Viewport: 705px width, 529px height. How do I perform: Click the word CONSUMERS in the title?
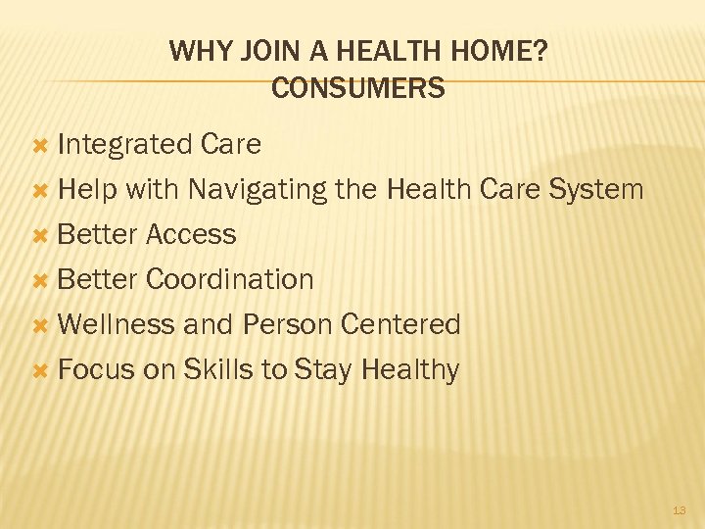[357, 89]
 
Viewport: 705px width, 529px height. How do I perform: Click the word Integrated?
[124, 145]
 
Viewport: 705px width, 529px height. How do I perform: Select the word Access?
[191, 234]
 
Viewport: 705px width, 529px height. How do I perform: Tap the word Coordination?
[229, 279]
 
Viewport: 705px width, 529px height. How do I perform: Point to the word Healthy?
[410, 370]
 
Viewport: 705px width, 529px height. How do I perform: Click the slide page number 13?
[680, 510]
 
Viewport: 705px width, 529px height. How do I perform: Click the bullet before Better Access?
[41, 235]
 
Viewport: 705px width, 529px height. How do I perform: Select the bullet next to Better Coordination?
[41, 280]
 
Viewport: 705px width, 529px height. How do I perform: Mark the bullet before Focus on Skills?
[41, 370]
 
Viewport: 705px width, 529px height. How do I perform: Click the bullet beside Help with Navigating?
[41, 190]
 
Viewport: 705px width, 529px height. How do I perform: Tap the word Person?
[286, 324]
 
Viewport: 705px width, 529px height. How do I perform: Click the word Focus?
[96, 369]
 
